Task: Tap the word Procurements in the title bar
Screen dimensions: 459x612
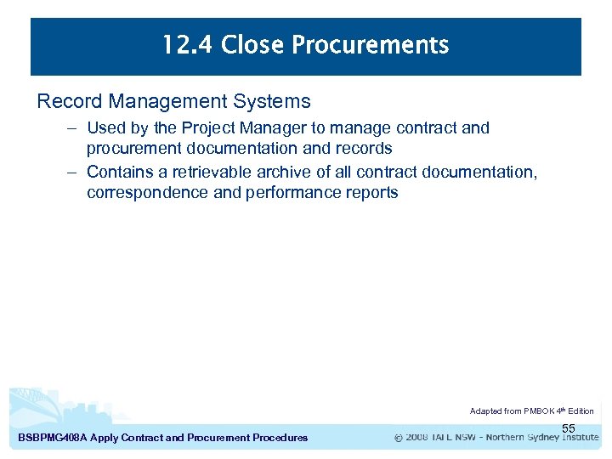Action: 371,45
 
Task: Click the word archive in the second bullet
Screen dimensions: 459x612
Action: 278,173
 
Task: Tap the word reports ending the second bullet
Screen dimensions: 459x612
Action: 369,192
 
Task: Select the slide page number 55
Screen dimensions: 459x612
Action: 569,428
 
